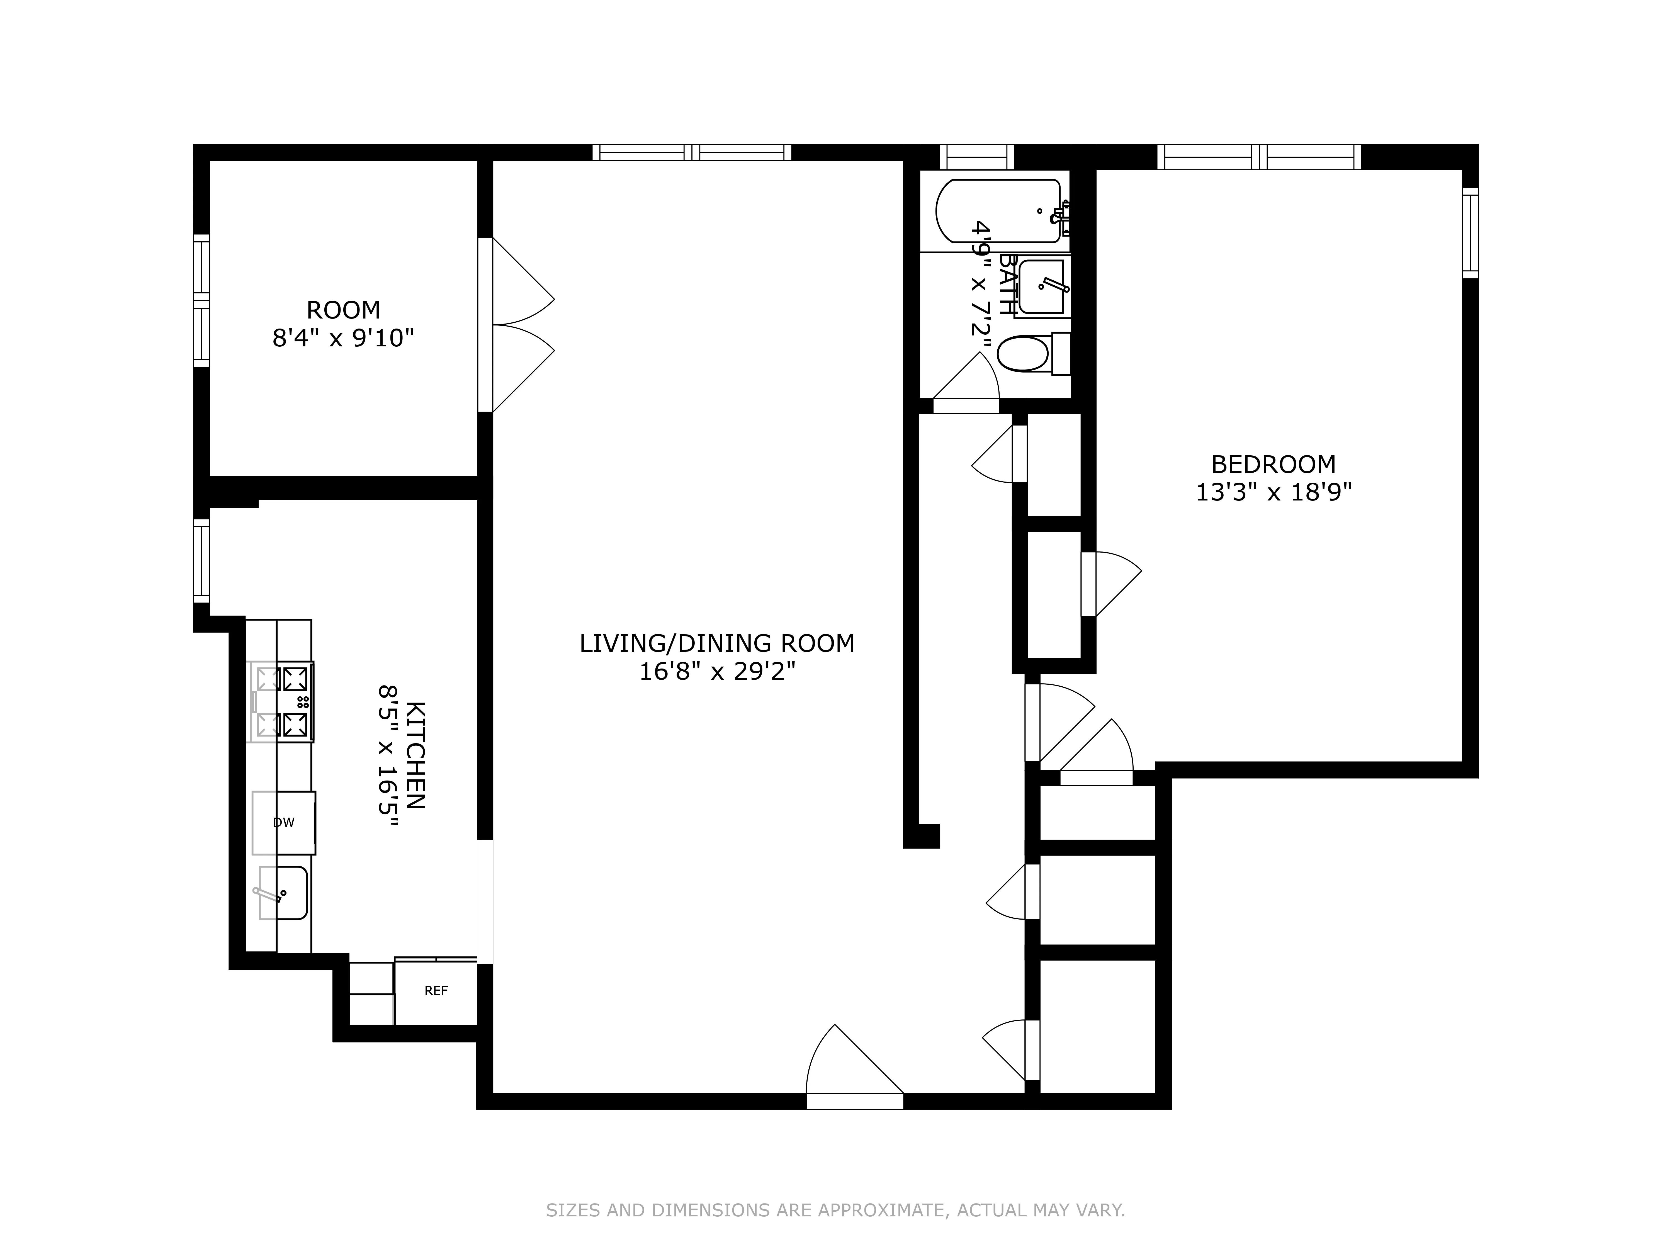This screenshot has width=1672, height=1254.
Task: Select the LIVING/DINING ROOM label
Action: point(716,643)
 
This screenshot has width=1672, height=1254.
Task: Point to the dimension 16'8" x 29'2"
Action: point(716,671)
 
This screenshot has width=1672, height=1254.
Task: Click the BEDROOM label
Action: point(1273,464)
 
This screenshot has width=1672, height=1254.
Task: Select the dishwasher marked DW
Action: point(283,822)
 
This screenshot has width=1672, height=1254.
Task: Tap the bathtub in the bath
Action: point(998,211)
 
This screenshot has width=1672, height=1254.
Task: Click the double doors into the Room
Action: point(522,325)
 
